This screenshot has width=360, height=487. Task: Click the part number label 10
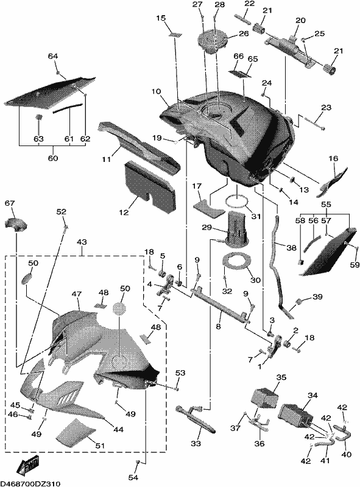(157, 92)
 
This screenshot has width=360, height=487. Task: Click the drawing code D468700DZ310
(30, 483)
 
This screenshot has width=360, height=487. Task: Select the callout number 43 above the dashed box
(82, 242)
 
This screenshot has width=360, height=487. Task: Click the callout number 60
(52, 158)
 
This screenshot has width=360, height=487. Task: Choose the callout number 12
(124, 212)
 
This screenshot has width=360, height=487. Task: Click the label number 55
(326, 205)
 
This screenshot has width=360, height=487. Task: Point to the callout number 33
(196, 444)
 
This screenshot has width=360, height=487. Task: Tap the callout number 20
(300, 21)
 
